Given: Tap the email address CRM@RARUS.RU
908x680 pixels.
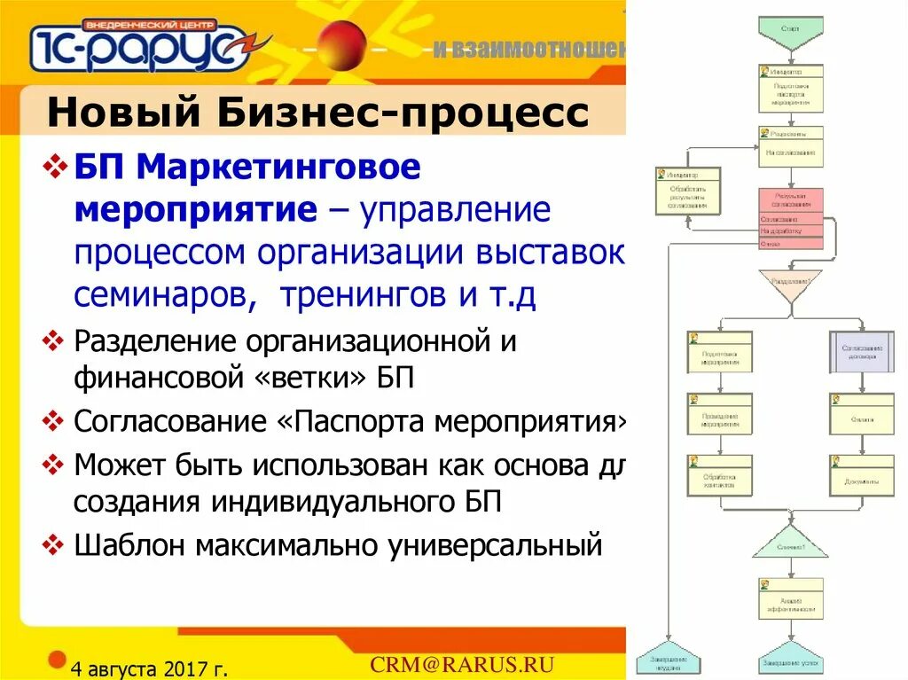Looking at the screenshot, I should [462, 665].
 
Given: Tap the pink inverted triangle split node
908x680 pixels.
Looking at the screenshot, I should [790, 283].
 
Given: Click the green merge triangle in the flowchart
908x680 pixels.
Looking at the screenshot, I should [790, 541].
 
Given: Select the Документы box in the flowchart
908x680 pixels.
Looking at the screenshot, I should [862, 475].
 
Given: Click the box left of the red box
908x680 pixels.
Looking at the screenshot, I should [687, 191].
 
